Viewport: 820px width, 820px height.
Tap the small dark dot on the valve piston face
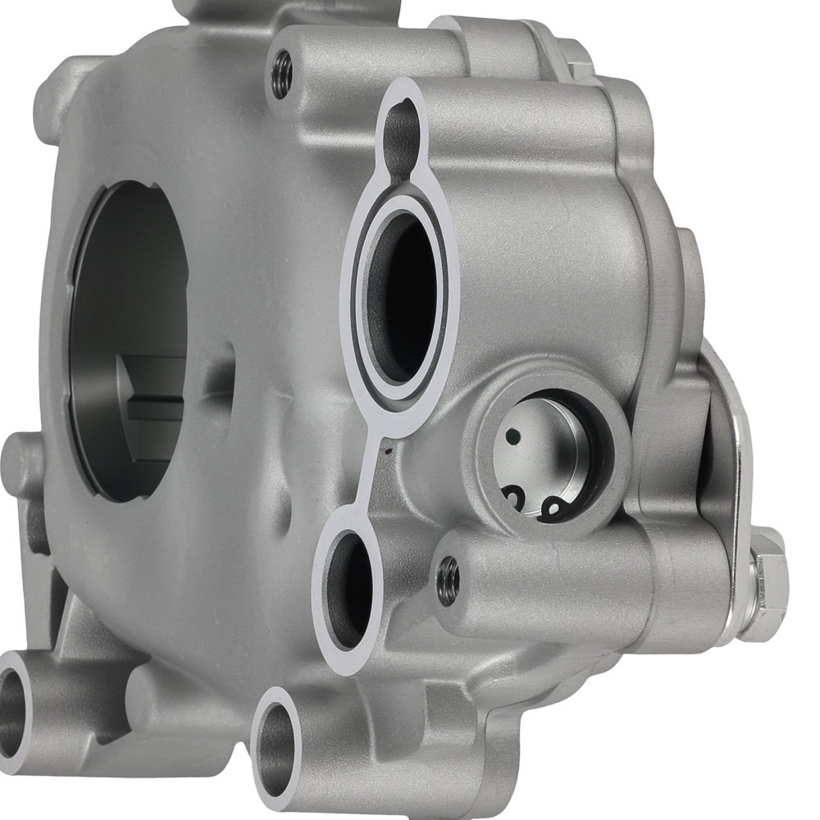tap(512, 436)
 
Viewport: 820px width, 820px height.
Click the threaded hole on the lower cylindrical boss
tap(448, 579)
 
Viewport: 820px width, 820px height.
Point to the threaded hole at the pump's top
tap(281, 74)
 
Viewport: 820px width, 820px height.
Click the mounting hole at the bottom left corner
tap(12, 701)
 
